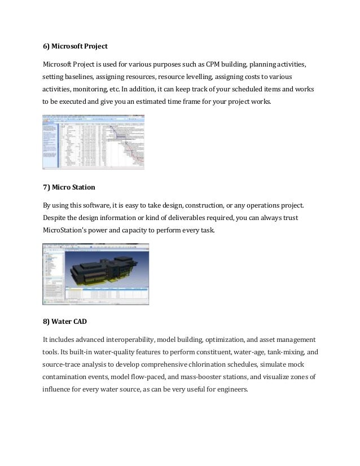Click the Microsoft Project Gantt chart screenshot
point(93,142)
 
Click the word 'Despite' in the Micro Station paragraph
point(55,217)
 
